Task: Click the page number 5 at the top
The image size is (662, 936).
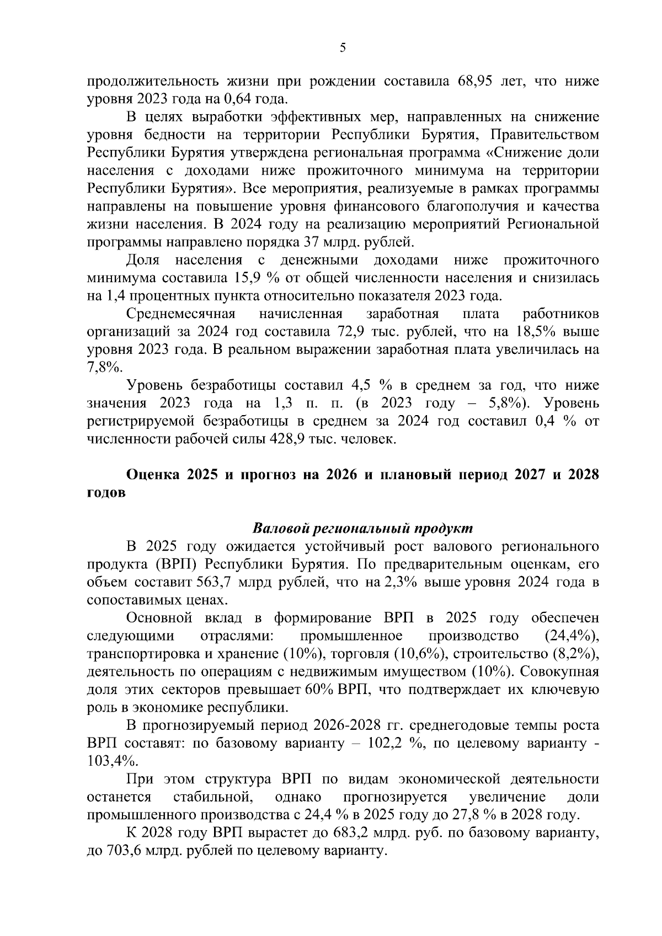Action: coord(343,49)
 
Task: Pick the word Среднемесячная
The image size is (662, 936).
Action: coord(181,314)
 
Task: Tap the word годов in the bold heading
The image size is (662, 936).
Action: coord(106,493)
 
